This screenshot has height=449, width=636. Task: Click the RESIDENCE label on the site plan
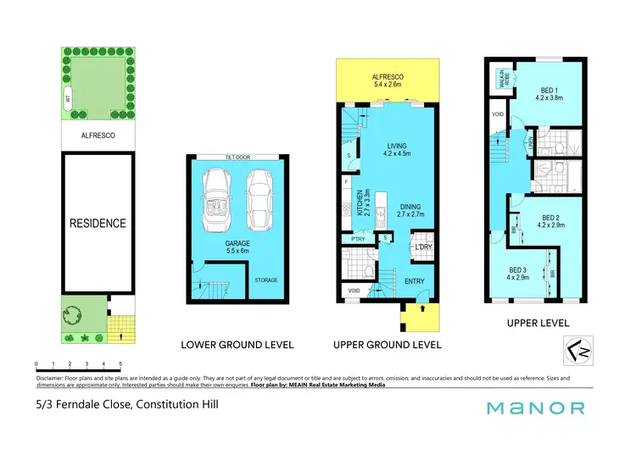pyautogui.click(x=98, y=224)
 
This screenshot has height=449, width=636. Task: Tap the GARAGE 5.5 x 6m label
pyautogui.click(x=237, y=247)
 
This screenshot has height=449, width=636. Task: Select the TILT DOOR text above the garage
pyautogui.click(x=237, y=158)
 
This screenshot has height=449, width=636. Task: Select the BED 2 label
pyautogui.click(x=552, y=221)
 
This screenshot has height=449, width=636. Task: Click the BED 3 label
pyautogui.click(x=518, y=273)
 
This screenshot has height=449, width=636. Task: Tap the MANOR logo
pyautogui.click(x=535, y=408)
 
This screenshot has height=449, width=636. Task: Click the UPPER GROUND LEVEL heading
pyautogui.click(x=387, y=345)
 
